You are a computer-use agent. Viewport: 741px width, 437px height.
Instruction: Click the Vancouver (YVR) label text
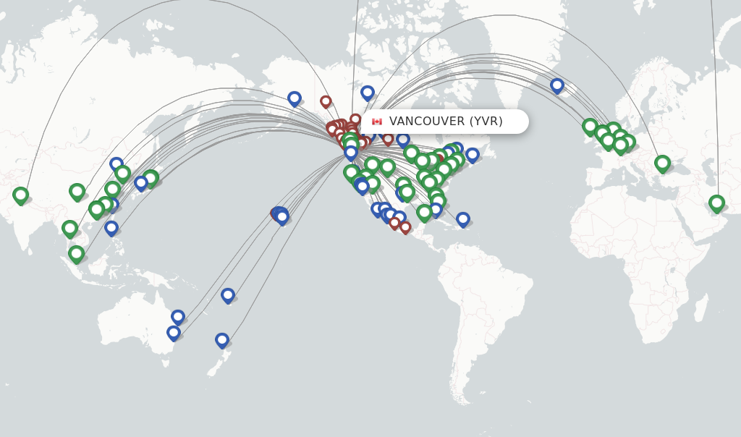coord(446,122)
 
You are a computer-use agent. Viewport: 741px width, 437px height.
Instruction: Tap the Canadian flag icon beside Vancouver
coord(377,122)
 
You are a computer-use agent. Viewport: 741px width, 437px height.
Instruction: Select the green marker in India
coord(20,195)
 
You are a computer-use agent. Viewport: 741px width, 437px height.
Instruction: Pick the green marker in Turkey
coord(662,164)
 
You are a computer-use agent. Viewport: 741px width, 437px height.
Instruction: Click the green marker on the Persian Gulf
coord(716,203)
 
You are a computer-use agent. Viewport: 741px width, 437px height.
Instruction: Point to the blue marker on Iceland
coord(556,85)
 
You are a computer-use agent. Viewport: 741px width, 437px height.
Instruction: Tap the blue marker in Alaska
coord(294,98)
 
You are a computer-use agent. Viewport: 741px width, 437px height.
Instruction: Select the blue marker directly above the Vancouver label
coord(368,93)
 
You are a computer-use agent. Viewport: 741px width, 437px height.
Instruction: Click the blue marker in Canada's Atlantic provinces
coord(473,155)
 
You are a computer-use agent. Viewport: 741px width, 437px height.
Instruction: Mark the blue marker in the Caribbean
coord(463,218)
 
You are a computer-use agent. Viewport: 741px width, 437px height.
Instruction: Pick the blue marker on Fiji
coord(228,294)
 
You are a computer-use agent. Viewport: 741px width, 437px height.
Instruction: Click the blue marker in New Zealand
coord(222,339)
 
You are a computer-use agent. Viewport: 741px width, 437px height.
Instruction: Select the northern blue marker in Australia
coord(178,316)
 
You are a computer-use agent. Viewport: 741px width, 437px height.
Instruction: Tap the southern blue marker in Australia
coord(174,333)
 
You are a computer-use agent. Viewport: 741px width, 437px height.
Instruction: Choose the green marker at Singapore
coord(76,253)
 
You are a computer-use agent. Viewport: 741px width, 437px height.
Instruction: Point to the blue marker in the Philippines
coord(111,227)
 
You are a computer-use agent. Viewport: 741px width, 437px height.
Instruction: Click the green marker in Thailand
coord(69,228)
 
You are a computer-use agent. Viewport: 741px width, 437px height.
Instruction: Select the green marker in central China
coord(77,191)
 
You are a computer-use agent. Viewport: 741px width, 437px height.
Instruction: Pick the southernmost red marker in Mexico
coord(405,227)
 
